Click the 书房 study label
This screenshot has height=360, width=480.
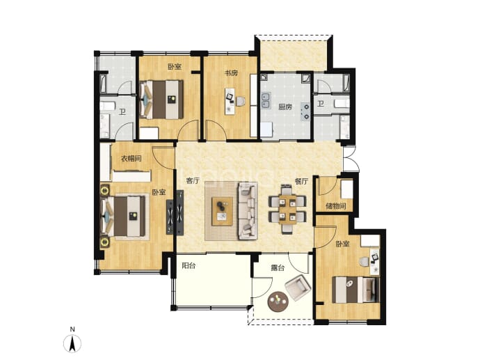point(231,73)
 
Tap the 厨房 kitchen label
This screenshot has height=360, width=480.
point(285,107)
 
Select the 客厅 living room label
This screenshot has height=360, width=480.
point(193,181)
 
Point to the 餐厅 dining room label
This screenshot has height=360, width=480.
point(301,181)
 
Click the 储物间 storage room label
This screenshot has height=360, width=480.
point(336,206)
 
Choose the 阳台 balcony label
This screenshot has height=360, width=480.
point(189,266)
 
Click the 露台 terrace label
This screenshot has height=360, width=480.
point(278,268)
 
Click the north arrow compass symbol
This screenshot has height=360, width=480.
point(72,343)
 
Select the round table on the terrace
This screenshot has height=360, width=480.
point(278,302)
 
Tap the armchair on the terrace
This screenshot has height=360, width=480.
point(298,288)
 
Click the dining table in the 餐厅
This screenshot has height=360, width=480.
point(287,209)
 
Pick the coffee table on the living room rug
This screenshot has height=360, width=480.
point(222,212)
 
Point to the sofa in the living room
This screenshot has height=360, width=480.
point(248,210)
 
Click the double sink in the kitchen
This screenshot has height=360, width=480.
point(266,100)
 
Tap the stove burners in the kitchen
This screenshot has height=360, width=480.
point(306,111)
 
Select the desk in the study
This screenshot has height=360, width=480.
point(230,102)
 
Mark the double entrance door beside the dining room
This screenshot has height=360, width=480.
point(350,159)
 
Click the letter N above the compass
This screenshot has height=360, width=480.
point(72,329)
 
